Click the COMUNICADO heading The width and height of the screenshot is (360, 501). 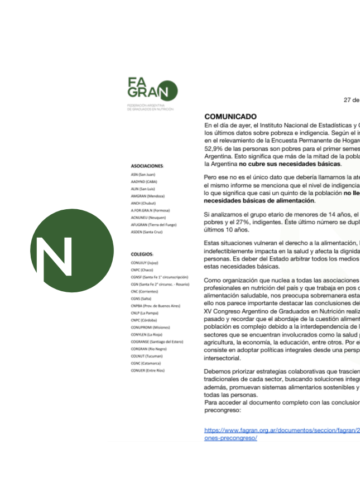pos(231,117)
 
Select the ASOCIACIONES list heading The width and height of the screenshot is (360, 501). pos(147,166)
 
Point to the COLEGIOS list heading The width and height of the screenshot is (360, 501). pos(142,254)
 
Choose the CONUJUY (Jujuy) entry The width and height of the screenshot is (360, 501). pos(145,262)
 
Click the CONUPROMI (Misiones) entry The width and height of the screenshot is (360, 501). pos(150,327)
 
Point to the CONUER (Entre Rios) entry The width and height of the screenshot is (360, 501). pos(148,370)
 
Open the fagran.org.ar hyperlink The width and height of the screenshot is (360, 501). pos(282,431)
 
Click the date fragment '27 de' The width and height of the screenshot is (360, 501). pos(351,100)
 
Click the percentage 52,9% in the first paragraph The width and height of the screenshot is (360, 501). pos(215,149)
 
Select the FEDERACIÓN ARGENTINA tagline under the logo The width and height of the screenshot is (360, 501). pos(150,107)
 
